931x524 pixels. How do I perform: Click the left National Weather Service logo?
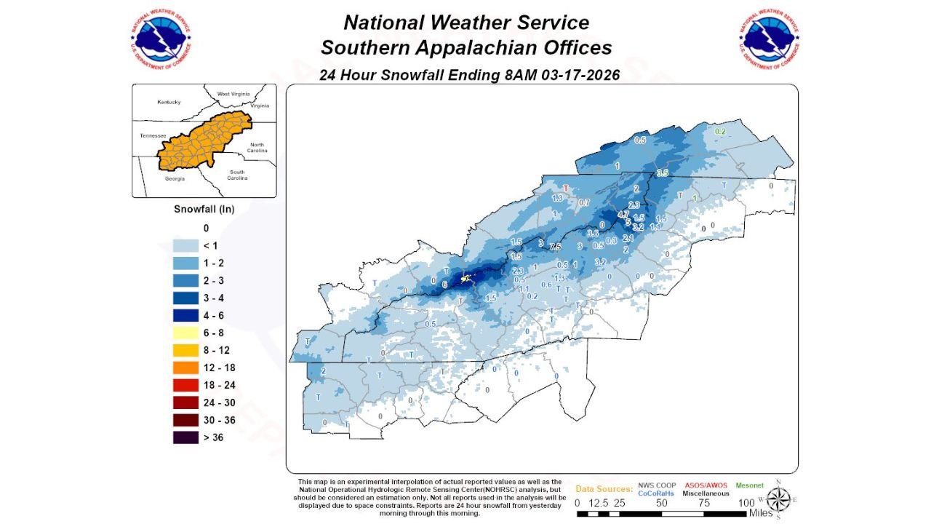[161, 39]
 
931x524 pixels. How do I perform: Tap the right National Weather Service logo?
[770, 39]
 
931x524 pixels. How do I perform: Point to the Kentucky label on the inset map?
[168, 102]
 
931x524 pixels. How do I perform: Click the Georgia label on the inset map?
[174, 178]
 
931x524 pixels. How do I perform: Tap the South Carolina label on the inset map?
[237, 175]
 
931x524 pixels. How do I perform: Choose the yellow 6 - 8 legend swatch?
[185, 333]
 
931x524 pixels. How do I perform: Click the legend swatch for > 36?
[185, 437]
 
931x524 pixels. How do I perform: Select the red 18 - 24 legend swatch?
[185, 385]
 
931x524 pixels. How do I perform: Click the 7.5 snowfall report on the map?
[556, 246]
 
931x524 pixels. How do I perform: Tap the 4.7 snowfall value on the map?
[623, 215]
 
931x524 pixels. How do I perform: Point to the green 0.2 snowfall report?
[720, 132]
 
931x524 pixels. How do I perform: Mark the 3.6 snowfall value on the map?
[593, 234]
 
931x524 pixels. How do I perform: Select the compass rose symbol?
[780, 499]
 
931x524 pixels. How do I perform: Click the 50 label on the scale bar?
[662, 503]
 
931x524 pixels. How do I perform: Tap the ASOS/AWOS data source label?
[706, 485]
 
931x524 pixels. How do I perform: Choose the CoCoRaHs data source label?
[656, 493]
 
